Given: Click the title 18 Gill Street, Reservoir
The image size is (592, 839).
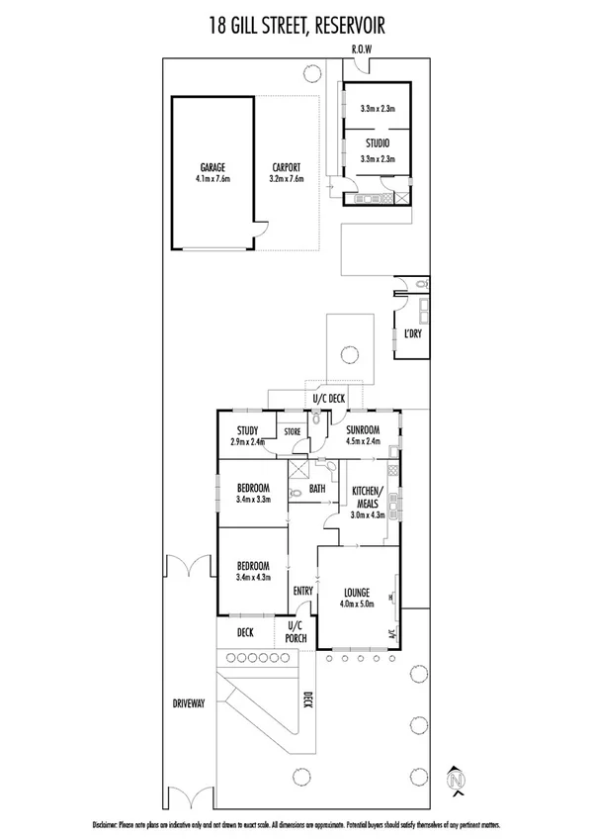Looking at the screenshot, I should click(296, 23).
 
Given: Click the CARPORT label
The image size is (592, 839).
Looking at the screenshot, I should click(286, 168).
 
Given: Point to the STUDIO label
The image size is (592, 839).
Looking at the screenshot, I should click(378, 144).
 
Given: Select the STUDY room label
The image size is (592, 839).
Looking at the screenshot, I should click(247, 429).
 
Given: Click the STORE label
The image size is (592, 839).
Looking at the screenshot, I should click(293, 431).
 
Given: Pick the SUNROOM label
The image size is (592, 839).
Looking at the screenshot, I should click(363, 429).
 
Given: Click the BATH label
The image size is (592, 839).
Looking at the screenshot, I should click(317, 488).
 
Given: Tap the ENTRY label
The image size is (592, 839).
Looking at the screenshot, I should click(302, 592).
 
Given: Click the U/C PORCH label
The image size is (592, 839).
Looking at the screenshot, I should click(296, 632).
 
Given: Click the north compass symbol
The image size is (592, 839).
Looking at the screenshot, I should click(456, 780).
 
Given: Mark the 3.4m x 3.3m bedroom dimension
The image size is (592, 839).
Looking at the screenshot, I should click(253, 501).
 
